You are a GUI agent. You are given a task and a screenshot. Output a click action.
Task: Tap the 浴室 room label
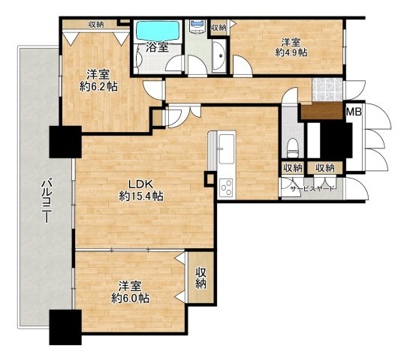(155, 47)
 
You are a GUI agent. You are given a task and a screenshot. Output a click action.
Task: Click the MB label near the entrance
(353, 112)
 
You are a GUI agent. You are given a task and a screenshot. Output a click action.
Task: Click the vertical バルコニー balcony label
(45, 198)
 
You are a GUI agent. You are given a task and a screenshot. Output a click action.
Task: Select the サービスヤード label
(312, 189)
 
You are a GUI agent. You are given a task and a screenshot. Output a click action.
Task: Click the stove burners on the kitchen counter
(226, 187)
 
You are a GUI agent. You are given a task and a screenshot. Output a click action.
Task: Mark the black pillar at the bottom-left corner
(65, 326)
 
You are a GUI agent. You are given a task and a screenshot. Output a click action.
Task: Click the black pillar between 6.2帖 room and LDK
(65, 141)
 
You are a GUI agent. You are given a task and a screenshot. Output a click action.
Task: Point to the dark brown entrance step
(321, 112)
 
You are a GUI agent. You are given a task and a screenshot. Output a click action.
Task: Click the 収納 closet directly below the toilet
(292, 168)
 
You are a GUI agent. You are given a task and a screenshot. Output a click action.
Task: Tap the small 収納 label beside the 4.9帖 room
(219, 28)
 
